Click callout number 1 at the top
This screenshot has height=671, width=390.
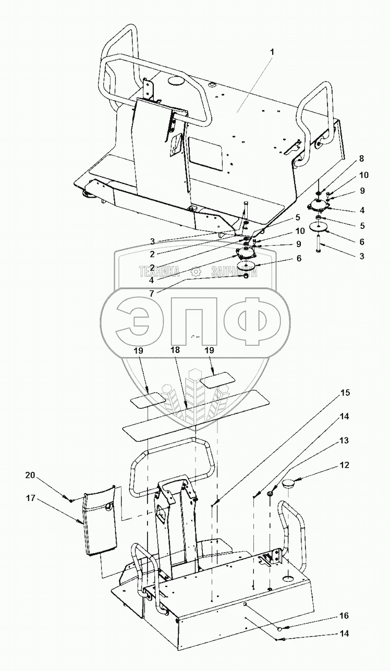click(x=272, y=52)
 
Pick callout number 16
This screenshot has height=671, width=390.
click(x=344, y=616)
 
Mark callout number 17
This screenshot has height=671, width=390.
click(x=31, y=498)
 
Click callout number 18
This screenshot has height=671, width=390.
click(x=176, y=351)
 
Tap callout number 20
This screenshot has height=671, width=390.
click(x=31, y=475)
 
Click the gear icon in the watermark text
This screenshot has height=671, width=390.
click(x=196, y=272)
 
